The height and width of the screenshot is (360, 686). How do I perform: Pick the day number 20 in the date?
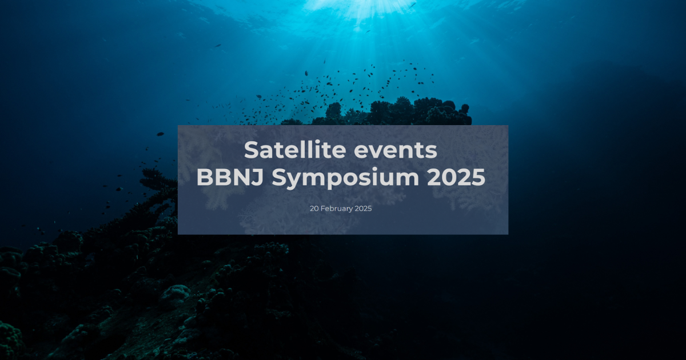pyautogui.click(x=314, y=209)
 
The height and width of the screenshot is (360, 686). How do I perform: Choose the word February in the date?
pyautogui.click(x=336, y=209)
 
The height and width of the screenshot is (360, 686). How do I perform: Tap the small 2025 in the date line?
pyautogui.click(x=363, y=209)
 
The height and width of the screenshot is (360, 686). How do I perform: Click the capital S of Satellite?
pyautogui.click(x=252, y=150)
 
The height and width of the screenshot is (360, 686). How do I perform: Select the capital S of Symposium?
pyautogui.click(x=279, y=178)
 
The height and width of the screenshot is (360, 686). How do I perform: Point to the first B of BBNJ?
pyautogui.click(x=204, y=178)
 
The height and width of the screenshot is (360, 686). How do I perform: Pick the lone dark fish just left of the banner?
pyautogui.click(x=160, y=134)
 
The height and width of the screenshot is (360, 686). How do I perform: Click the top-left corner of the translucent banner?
pyautogui.click(x=178, y=126)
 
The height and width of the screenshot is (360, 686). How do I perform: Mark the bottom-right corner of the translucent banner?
pyautogui.click(x=508, y=234)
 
